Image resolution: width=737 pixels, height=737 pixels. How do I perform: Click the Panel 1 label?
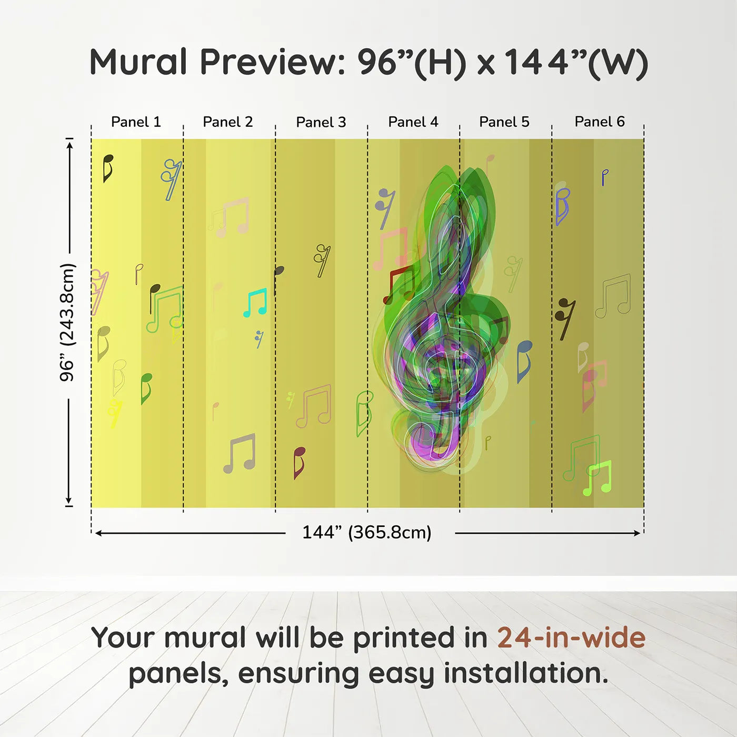136,122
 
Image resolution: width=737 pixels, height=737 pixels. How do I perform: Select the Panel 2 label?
227,122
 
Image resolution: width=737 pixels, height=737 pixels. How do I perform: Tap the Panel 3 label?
321,122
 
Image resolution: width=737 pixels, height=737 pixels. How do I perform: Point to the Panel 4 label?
413,122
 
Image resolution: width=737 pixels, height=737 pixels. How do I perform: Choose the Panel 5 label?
504,122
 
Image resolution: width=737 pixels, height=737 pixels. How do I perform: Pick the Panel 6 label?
599,122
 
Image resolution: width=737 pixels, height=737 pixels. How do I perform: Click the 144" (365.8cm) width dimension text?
367,532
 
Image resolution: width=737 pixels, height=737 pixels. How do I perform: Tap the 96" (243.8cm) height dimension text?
67,322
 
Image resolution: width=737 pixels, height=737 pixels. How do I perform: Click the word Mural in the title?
138,62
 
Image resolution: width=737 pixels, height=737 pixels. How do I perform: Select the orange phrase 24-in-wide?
571,638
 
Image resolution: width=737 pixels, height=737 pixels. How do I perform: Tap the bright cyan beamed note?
255,303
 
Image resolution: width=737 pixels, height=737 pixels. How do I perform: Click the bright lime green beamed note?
597,478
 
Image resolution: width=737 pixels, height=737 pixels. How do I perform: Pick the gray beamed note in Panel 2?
240,454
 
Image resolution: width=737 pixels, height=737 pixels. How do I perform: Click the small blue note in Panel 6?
604,177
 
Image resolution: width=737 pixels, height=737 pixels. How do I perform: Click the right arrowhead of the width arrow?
638,533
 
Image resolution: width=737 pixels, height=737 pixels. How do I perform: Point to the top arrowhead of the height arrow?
69,145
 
